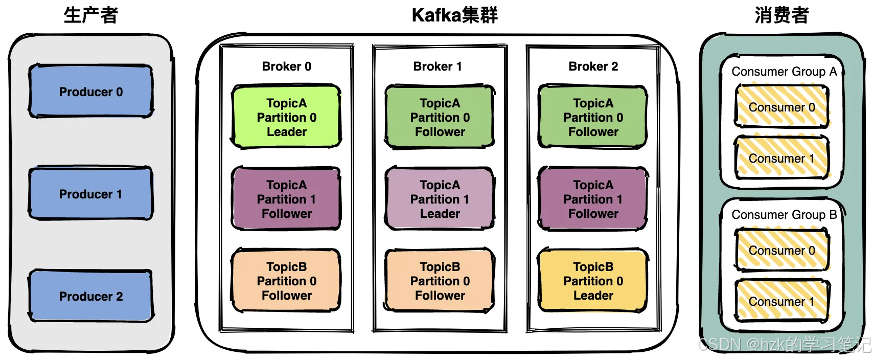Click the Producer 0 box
tap(91, 92)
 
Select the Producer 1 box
tap(91, 193)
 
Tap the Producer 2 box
tap(91, 296)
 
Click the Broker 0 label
tap(287, 66)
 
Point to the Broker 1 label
tap(438, 66)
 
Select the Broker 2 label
tap(593, 66)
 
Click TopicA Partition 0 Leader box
tap(287, 117)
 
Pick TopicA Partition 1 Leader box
tap(440, 199)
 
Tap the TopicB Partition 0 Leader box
tap(593, 281)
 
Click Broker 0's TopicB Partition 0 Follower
tap(287, 281)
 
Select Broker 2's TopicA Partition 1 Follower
tap(593, 199)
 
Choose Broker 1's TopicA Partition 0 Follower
tap(440, 117)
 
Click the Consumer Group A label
tap(784, 72)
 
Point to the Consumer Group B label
tap(784, 214)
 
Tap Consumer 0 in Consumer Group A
tap(782, 107)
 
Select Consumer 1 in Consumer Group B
tap(782, 301)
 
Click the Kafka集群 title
tap(455, 15)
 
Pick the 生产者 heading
tap(91, 15)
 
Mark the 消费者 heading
tap(782, 15)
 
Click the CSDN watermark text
tap(785, 345)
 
